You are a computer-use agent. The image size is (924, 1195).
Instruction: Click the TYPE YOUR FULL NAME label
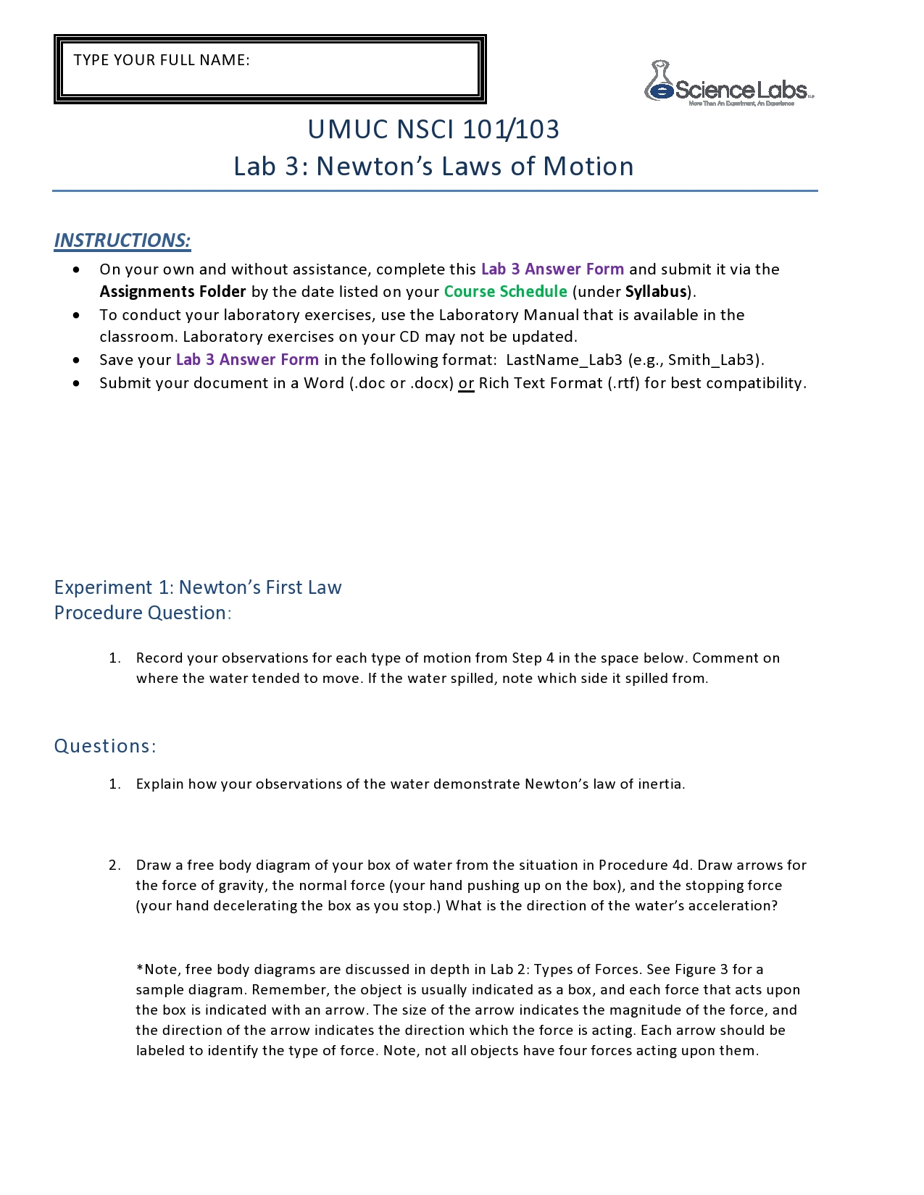[x=162, y=60]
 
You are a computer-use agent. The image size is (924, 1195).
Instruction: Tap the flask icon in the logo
[x=659, y=81]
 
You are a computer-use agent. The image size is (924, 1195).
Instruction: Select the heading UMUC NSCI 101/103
[x=433, y=130]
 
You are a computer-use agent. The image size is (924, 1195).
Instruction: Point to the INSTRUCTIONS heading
[x=122, y=240]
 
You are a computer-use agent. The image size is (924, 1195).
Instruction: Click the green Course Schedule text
[x=505, y=291]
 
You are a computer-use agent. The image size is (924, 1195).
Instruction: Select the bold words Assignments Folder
[x=172, y=291]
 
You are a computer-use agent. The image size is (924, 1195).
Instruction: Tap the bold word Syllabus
[x=656, y=291]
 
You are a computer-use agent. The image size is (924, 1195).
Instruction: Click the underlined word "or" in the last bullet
[x=466, y=383]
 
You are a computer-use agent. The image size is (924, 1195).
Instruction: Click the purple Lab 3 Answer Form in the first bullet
[x=552, y=269]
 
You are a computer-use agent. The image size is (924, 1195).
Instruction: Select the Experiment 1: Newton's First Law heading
[x=198, y=587]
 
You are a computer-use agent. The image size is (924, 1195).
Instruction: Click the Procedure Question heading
[x=142, y=613]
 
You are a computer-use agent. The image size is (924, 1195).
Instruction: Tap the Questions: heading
[x=105, y=746]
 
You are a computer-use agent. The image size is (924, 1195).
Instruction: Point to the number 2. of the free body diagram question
[x=115, y=865]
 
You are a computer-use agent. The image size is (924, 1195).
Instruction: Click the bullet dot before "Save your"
[x=77, y=360]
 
